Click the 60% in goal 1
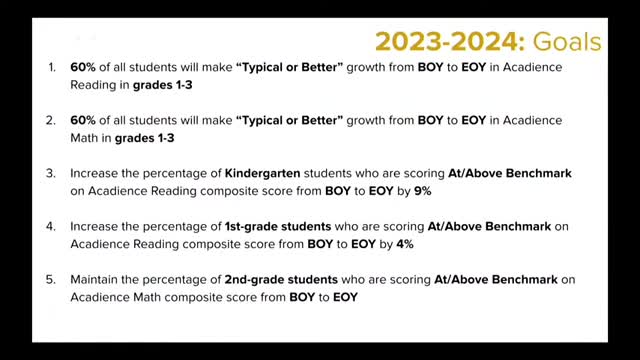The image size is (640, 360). click(x=84, y=67)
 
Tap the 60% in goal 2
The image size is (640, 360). click(x=84, y=120)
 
